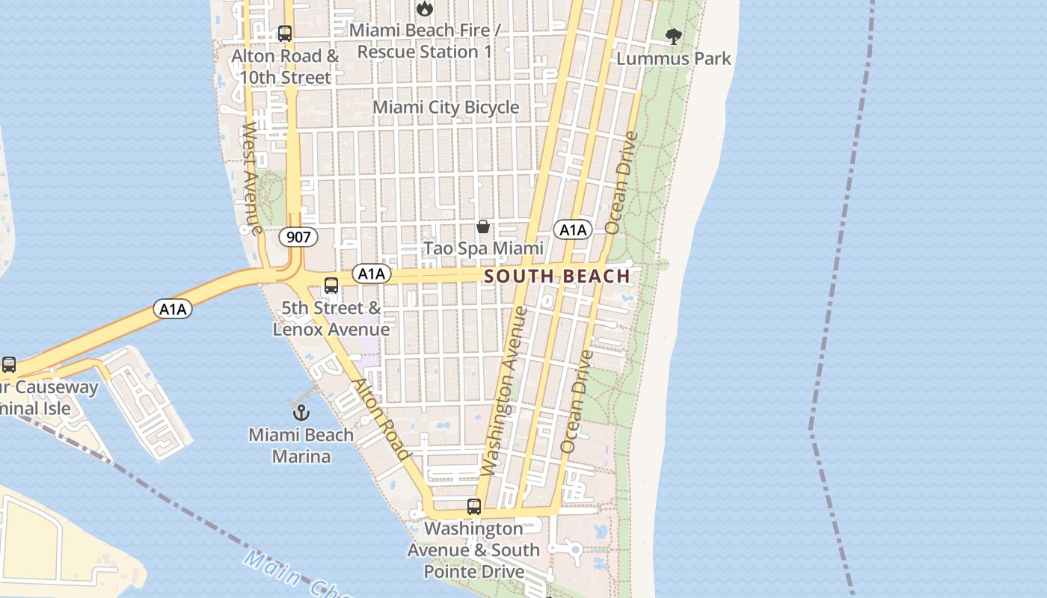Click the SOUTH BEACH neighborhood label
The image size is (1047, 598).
point(557,276)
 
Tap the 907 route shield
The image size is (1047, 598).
point(298,238)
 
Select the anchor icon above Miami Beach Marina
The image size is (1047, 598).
point(301,412)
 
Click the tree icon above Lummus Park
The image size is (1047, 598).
point(674,36)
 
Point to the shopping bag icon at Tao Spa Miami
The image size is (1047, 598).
point(483,226)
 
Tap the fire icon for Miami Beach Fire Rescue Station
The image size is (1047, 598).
point(425,9)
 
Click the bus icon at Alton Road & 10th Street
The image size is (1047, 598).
point(284,34)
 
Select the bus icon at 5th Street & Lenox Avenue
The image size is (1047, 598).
point(331,286)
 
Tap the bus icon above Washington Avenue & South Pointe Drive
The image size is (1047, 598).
point(473,506)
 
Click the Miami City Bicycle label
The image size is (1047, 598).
point(446,107)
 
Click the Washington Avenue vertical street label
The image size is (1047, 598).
point(505,390)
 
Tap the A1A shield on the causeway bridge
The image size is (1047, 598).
point(173,308)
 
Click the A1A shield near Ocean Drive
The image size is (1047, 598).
point(573,229)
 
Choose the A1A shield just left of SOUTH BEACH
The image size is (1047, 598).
point(372,274)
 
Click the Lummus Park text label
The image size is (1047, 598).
point(674,58)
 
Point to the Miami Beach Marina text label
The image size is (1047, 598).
point(301,446)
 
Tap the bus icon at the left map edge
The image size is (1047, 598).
point(9,365)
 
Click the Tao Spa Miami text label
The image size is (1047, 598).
point(483,248)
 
